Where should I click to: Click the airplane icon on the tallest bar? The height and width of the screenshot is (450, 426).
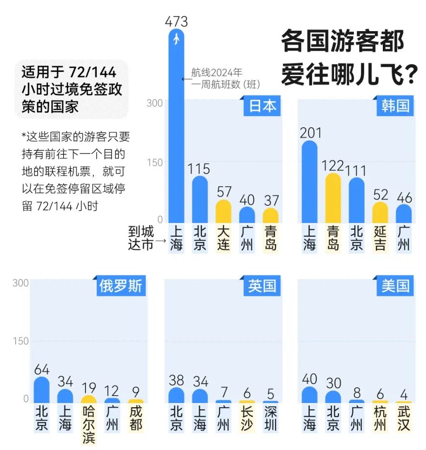[x=176, y=39]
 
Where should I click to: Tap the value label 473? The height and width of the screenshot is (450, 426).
[x=176, y=21]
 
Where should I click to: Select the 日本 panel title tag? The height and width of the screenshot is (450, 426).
[x=262, y=106]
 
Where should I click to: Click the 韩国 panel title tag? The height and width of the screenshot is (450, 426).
[x=395, y=106]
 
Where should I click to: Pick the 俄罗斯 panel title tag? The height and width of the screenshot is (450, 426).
[x=121, y=286]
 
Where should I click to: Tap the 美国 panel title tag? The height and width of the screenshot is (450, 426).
[x=395, y=286]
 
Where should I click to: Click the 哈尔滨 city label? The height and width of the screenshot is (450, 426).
[x=88, y=424]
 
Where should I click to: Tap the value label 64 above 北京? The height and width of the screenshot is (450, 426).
[x=42, y=370]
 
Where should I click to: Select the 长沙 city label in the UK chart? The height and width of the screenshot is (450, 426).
[x=247, y=418]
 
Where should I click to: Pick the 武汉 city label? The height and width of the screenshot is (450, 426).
[x=404, y=418]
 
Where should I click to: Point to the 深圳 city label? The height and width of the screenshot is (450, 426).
[x=271, y=418]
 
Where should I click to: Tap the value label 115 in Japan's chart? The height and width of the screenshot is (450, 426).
[x=200, y=168]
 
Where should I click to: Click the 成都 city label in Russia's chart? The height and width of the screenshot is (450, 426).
[x=136, y=418]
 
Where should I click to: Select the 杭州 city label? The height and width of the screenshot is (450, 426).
[x=380, y=418]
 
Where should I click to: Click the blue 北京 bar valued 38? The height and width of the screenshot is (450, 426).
[x=176, y=395]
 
